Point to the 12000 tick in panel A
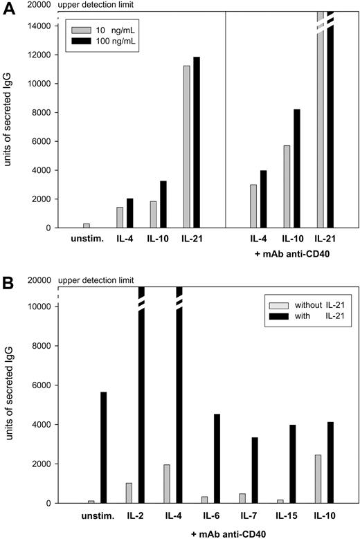click(x=44, y=55)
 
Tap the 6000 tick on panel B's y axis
click(x=44, y=385)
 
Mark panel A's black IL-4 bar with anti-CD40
click(x=262, y=199)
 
